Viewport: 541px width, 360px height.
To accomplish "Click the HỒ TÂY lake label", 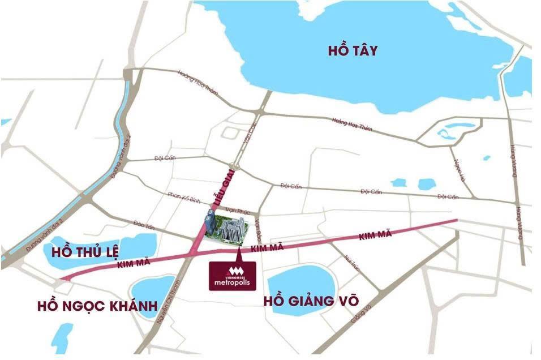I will pyautogui.click(x=352, y=50).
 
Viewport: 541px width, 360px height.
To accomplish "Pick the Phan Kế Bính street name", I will pyautogui.click(x=184, y=197).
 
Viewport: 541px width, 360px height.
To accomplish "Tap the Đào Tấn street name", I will pyautogui.click(x=144, y=225).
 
